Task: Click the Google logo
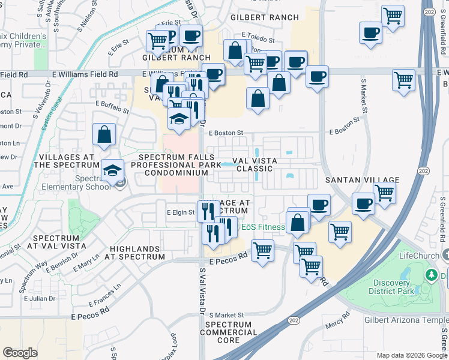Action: coord(20,353)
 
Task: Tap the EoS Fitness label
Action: coord(264,227)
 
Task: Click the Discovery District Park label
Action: coord(399,287)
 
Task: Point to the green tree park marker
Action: coord(430,275)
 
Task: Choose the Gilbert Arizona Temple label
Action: coord(402,320)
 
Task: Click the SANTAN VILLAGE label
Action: coord(362,180)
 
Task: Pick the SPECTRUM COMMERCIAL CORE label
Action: coord(228,332)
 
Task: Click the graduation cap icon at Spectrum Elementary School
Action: coord(112,172)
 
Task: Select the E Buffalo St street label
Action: coord(113,106)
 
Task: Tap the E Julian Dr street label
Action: coord(40,298)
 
